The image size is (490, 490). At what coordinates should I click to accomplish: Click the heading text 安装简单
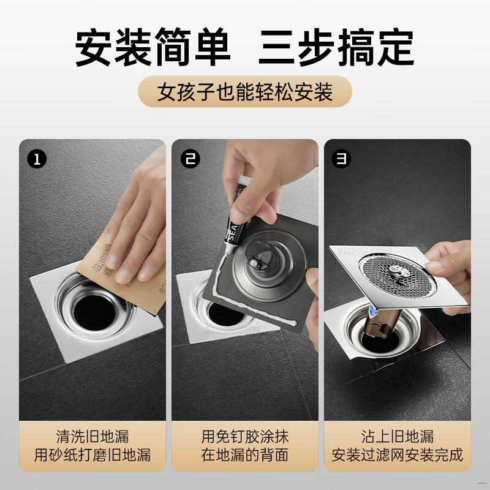[153, 47]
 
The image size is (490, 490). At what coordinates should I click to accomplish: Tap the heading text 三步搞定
[336, 47]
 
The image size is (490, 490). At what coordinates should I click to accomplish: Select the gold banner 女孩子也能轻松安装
[245, 92]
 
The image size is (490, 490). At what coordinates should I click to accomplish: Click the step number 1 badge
[37, 160]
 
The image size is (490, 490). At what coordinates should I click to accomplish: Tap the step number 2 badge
[190, 160]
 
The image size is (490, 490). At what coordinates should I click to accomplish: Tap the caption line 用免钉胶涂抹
[245, 437]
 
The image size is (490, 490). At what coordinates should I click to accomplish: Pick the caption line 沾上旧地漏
[398, 437]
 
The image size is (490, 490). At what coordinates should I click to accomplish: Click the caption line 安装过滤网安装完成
[398, 456]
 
